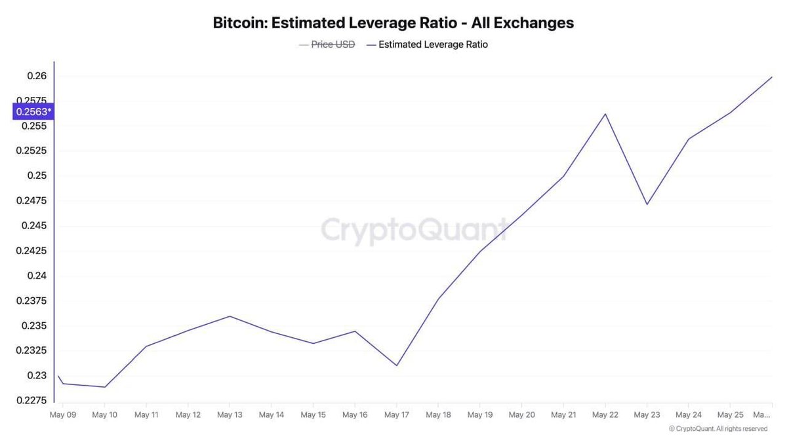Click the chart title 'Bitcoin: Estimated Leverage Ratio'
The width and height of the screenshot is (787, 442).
pos(393,23)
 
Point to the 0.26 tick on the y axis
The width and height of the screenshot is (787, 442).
pos(37,76)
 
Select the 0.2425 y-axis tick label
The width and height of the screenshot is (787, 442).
pos(32,251)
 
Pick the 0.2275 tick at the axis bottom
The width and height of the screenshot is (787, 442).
pos(32,400)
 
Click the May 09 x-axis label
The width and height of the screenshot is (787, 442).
pos(62,414)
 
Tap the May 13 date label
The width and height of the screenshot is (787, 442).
pos(230,414)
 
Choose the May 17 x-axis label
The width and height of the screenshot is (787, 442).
pos(397,414)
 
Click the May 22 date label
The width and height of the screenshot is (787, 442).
pos(605,414)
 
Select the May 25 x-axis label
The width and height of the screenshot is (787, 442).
pos(730,414)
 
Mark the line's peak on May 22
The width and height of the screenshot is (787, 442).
pos(605,114)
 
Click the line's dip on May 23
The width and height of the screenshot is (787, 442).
pos(647,204)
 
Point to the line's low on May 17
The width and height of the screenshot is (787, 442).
pos(397,365)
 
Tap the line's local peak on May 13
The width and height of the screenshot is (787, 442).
pos(230,316)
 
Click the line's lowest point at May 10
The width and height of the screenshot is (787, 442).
pos(104,387)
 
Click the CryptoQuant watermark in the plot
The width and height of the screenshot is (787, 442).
pos(413,230)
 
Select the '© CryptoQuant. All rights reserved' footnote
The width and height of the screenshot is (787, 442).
pos(717,429)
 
